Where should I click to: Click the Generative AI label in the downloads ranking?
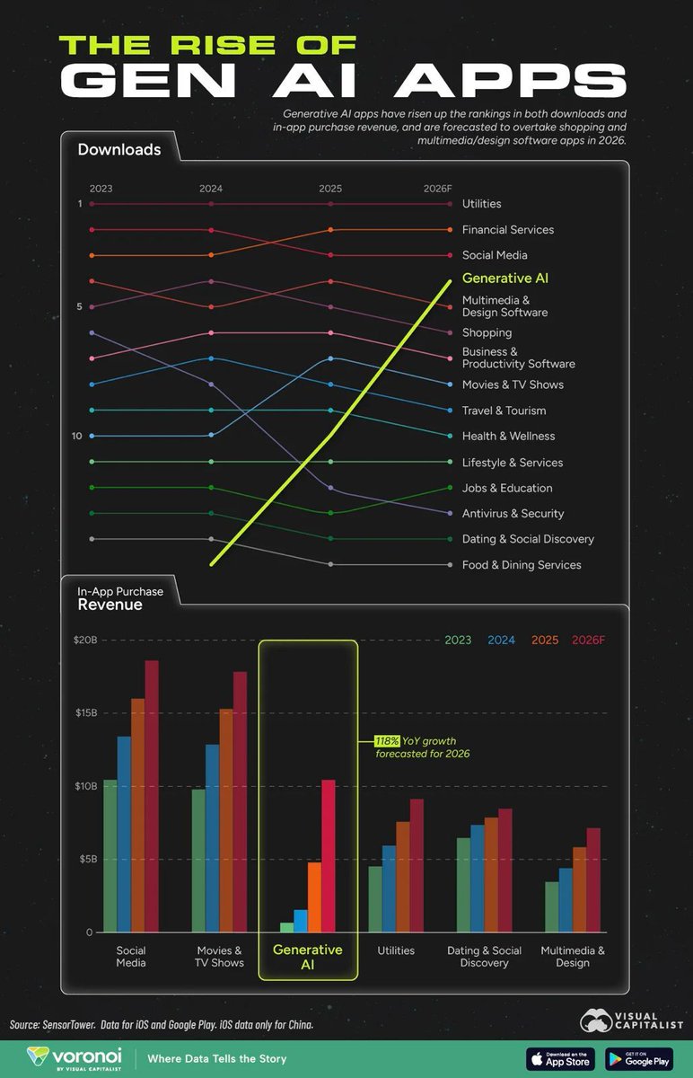tap(504, 278)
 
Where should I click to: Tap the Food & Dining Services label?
tap(522, 565)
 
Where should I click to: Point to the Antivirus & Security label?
tap(513, 514)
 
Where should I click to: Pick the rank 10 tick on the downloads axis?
tap(77, 436)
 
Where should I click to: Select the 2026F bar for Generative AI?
tap(329, 855)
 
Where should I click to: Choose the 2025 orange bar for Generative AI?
tap(314, 897)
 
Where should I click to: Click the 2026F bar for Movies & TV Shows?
tap(240, 801)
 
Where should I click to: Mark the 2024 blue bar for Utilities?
tap(389, 888)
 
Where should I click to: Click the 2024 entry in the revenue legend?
tap(502, 641)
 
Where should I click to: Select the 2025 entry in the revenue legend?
tap(545, 641)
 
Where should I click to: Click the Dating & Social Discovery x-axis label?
tap(484, 957)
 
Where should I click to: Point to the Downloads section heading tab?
tap(119, 150)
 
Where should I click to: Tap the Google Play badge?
tap(638, 1058)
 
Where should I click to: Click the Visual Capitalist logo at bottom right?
tap(631, 1019)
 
